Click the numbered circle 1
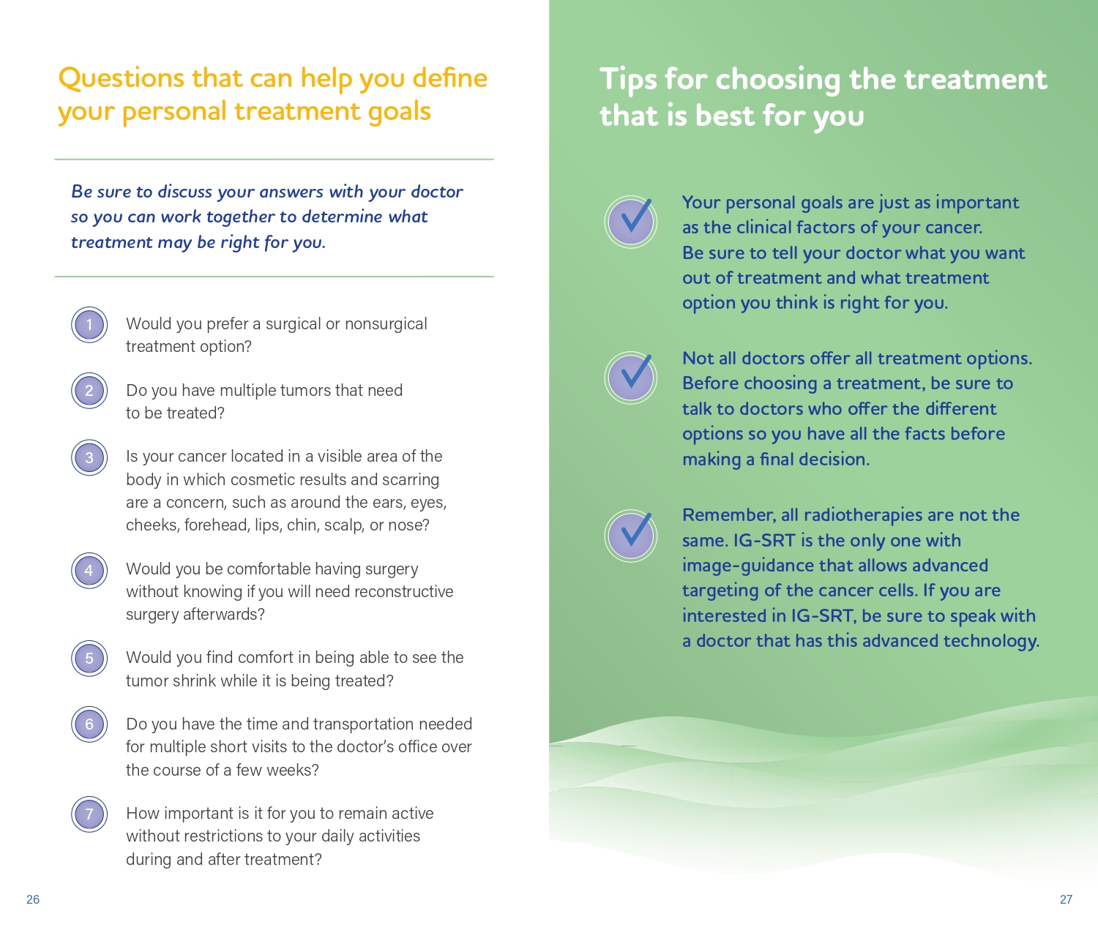[x=89, y=324]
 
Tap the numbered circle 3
[x=89, y=457]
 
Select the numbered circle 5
[x=89, y=658]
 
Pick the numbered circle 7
[x=89, y=814]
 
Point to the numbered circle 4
[x=89, y=570]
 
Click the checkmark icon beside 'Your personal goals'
[x=630, y=222]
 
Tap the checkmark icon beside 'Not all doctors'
[x=630, y=378]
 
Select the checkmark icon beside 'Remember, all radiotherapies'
[x=630, y=536]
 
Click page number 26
[x=33, y=899]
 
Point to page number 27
[x=1066, y=899]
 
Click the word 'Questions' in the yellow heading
[x=122, y=78]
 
